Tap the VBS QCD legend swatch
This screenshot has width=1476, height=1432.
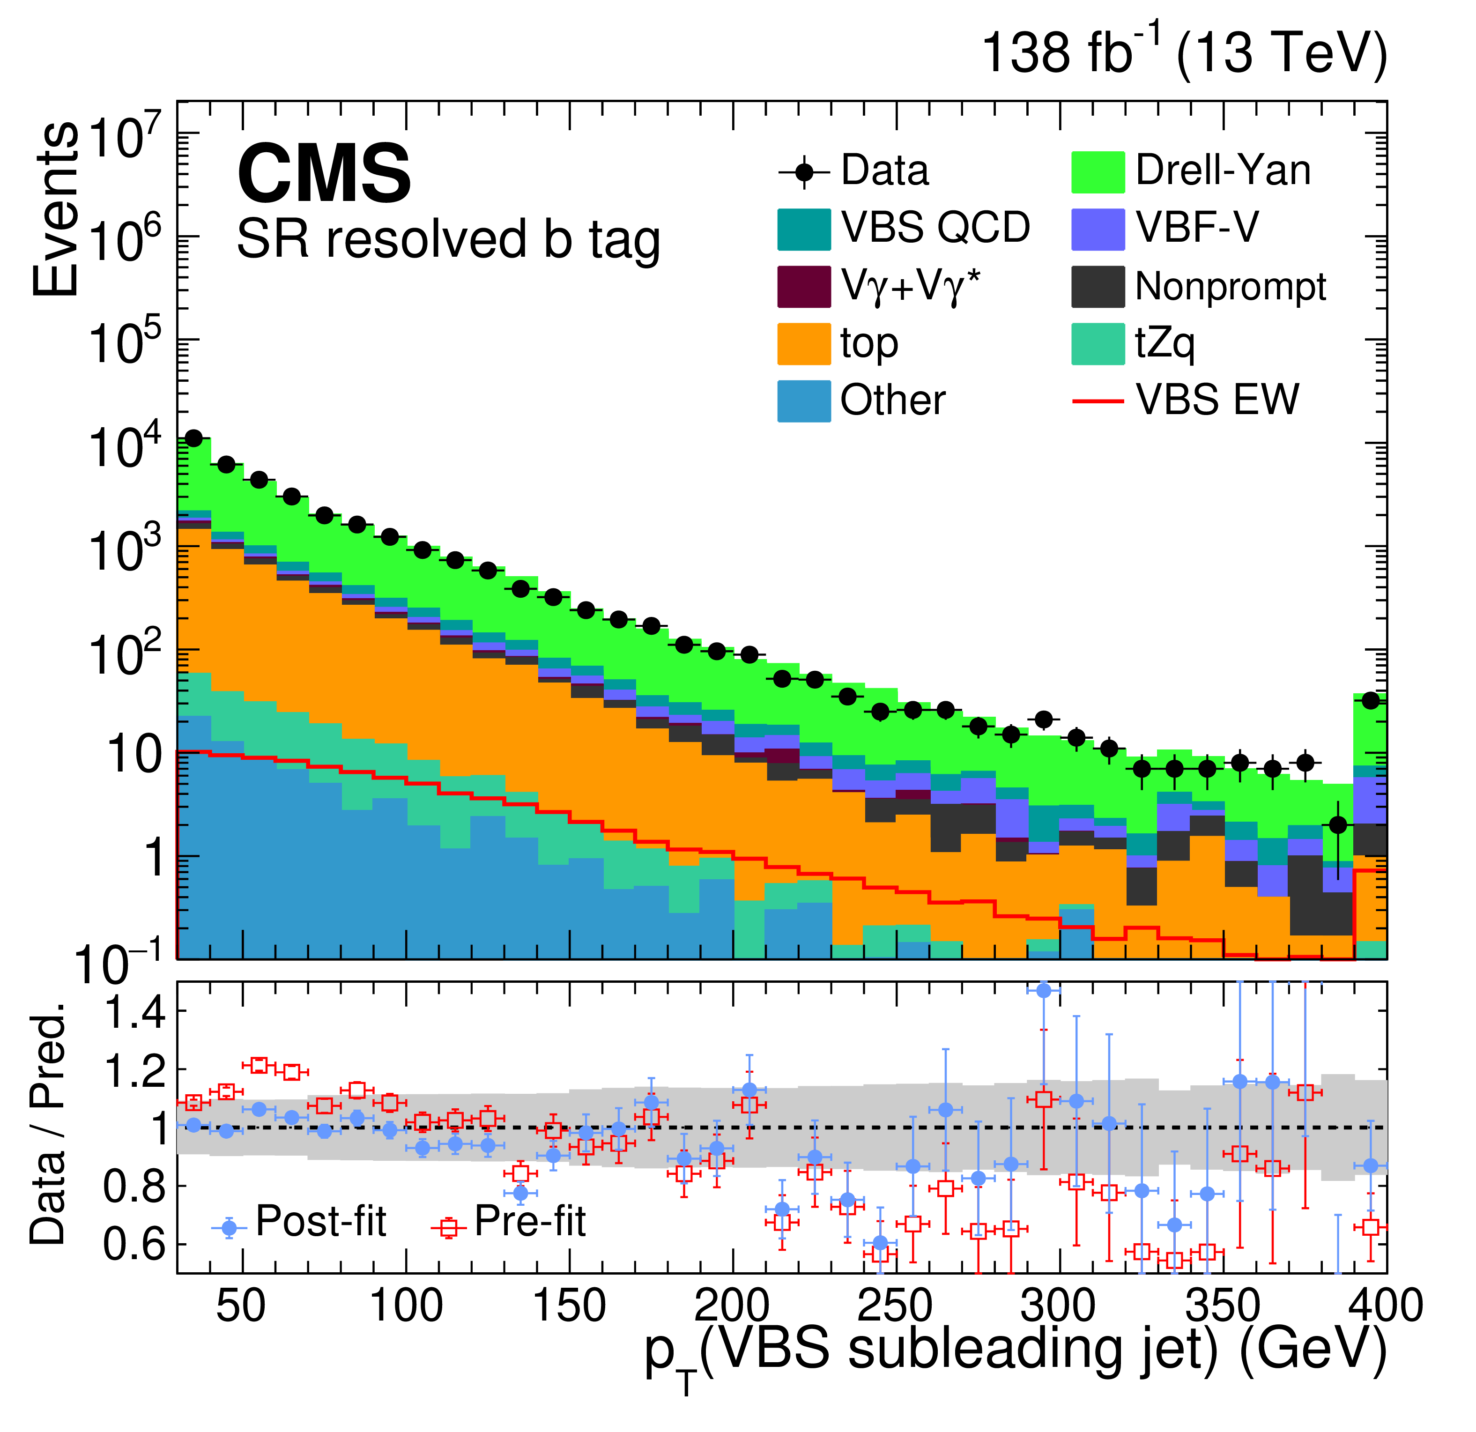coord(803,229)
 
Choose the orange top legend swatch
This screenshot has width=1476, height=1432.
coord(803,344)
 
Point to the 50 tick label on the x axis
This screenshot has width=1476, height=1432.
coord(241,1306)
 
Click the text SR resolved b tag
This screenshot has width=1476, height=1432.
coord(448,239)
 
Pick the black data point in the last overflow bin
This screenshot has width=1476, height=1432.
coord(1371,700)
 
